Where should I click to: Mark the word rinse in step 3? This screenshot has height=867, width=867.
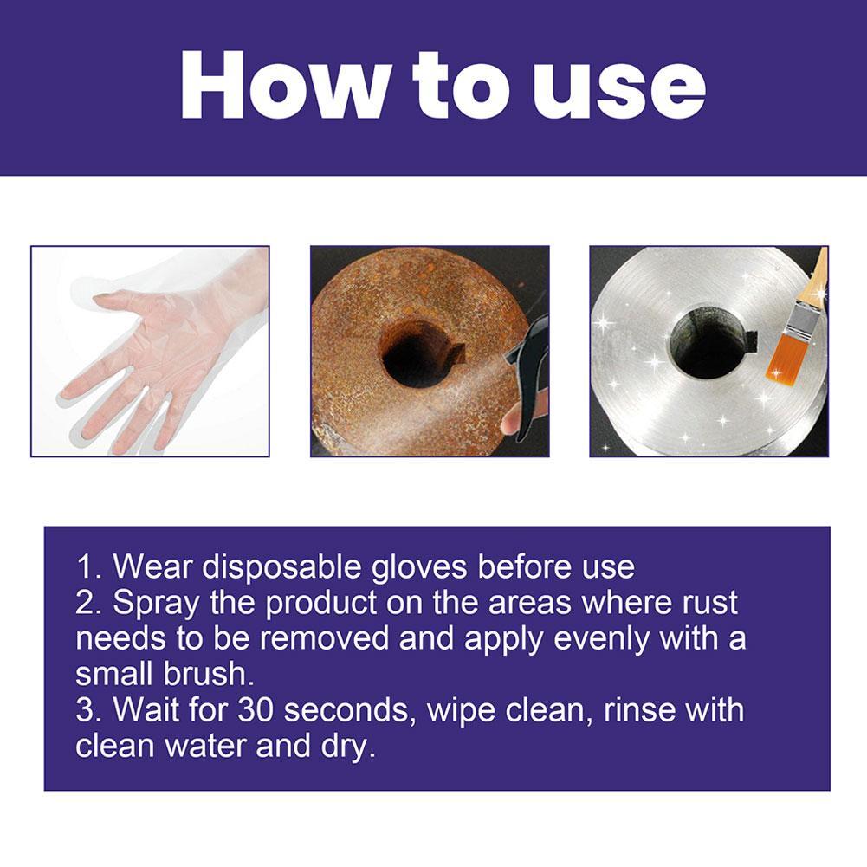624,710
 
